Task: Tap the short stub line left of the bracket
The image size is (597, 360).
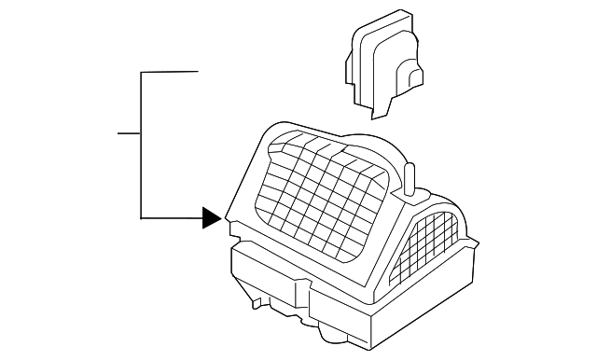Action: (129, 133)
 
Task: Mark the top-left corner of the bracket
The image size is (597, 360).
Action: (141, 72)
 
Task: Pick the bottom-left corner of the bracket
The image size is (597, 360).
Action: (141, 218)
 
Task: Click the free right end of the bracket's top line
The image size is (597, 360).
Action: (198, 72)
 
